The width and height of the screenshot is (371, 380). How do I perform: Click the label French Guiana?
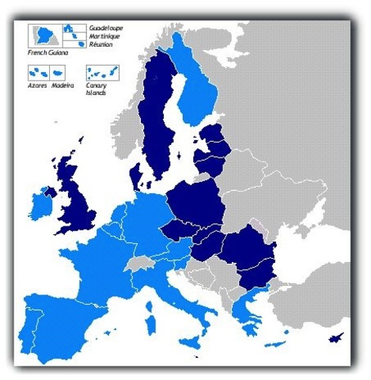point(46,52)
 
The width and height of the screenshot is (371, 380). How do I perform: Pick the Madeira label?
point(62,85)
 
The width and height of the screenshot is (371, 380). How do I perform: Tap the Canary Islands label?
point(97,89)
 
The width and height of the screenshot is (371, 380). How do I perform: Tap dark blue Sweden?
point(158,119)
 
